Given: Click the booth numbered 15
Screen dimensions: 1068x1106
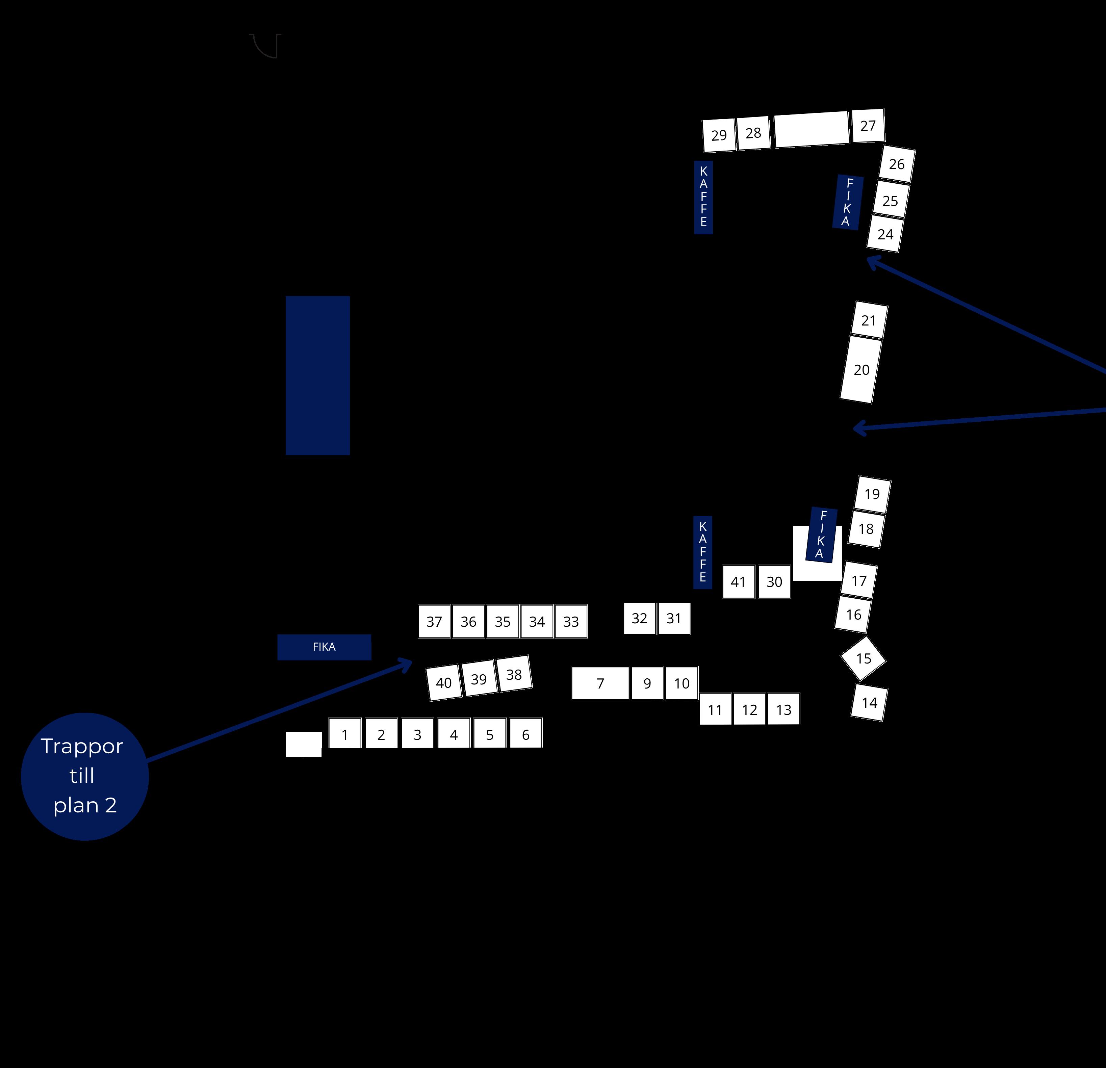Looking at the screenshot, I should click(864, 658).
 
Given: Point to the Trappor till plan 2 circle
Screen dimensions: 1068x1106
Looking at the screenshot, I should click(85, 776).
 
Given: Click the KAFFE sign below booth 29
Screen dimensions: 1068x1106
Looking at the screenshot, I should click(703, 197).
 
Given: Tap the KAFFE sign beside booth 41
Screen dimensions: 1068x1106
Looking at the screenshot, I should click(702, 552).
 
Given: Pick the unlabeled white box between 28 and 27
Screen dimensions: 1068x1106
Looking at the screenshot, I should click(812, 129).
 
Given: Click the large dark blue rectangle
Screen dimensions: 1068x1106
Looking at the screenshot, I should click(318, 375).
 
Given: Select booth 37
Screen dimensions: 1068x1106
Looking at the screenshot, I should click(434, 622).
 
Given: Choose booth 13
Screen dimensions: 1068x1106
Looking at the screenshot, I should click(783, 709).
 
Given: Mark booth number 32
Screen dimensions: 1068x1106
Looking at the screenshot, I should click(639, 618).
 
